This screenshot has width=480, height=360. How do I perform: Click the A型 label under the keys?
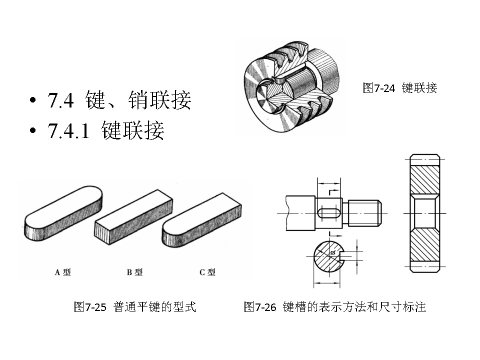pyautogui.click(x=62, y=272)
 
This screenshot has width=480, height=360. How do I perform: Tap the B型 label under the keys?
pyautogui.click(x=134, y=272)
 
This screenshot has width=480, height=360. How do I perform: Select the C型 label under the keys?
pyautogui.click(x=207, y=272)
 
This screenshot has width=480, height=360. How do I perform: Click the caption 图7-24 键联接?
pyautogui.click(x=399, y=88)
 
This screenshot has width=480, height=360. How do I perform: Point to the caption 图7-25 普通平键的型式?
pyautogui.click(x=134, y=307)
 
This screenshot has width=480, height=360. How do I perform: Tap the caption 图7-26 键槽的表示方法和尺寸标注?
pyautogui.click(x=334, y=307)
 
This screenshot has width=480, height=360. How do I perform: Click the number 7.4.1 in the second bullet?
pyautogui.click(x=68, y=131)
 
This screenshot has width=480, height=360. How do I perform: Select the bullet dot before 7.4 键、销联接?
pyautogui.click(x=33, y=100)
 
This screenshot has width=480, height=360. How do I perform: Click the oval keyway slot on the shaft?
pyautogui.click(x=328, y=212)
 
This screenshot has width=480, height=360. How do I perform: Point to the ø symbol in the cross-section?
pyautogui.click(x=332, y=253)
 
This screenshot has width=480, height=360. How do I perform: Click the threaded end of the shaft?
pyautogui.click(x=365, y=212)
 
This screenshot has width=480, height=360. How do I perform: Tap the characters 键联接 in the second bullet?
pyautogui.click(x=132, y=131)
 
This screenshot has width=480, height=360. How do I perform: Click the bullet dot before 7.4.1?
pyautogui.click(x=33, y=131)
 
